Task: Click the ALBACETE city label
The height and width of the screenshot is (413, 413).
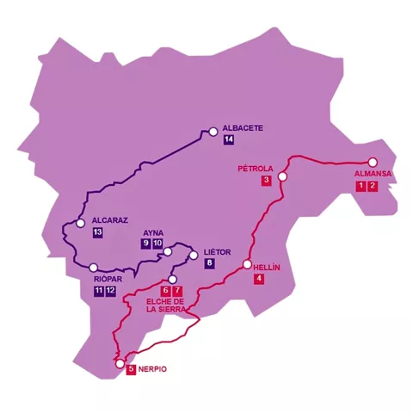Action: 242,128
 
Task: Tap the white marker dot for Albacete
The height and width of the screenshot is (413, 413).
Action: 213,132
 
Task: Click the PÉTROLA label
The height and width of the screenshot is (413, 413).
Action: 255,169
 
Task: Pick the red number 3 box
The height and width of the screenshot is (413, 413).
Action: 267,180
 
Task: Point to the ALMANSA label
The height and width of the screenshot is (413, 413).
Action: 373,174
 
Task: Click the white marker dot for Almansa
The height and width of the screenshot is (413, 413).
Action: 373,162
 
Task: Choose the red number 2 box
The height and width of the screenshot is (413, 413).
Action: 373,186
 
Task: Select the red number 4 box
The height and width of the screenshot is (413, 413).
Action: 259,279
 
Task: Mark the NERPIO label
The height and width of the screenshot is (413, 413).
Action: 152,370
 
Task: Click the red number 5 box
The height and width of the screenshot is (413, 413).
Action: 131,370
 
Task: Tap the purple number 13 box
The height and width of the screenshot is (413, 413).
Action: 97,232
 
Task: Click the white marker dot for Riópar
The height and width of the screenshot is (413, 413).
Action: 93,268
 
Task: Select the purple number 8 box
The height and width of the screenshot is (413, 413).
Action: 209,263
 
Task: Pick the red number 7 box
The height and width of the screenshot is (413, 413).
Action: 178,290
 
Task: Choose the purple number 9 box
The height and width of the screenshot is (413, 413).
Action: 146,244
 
